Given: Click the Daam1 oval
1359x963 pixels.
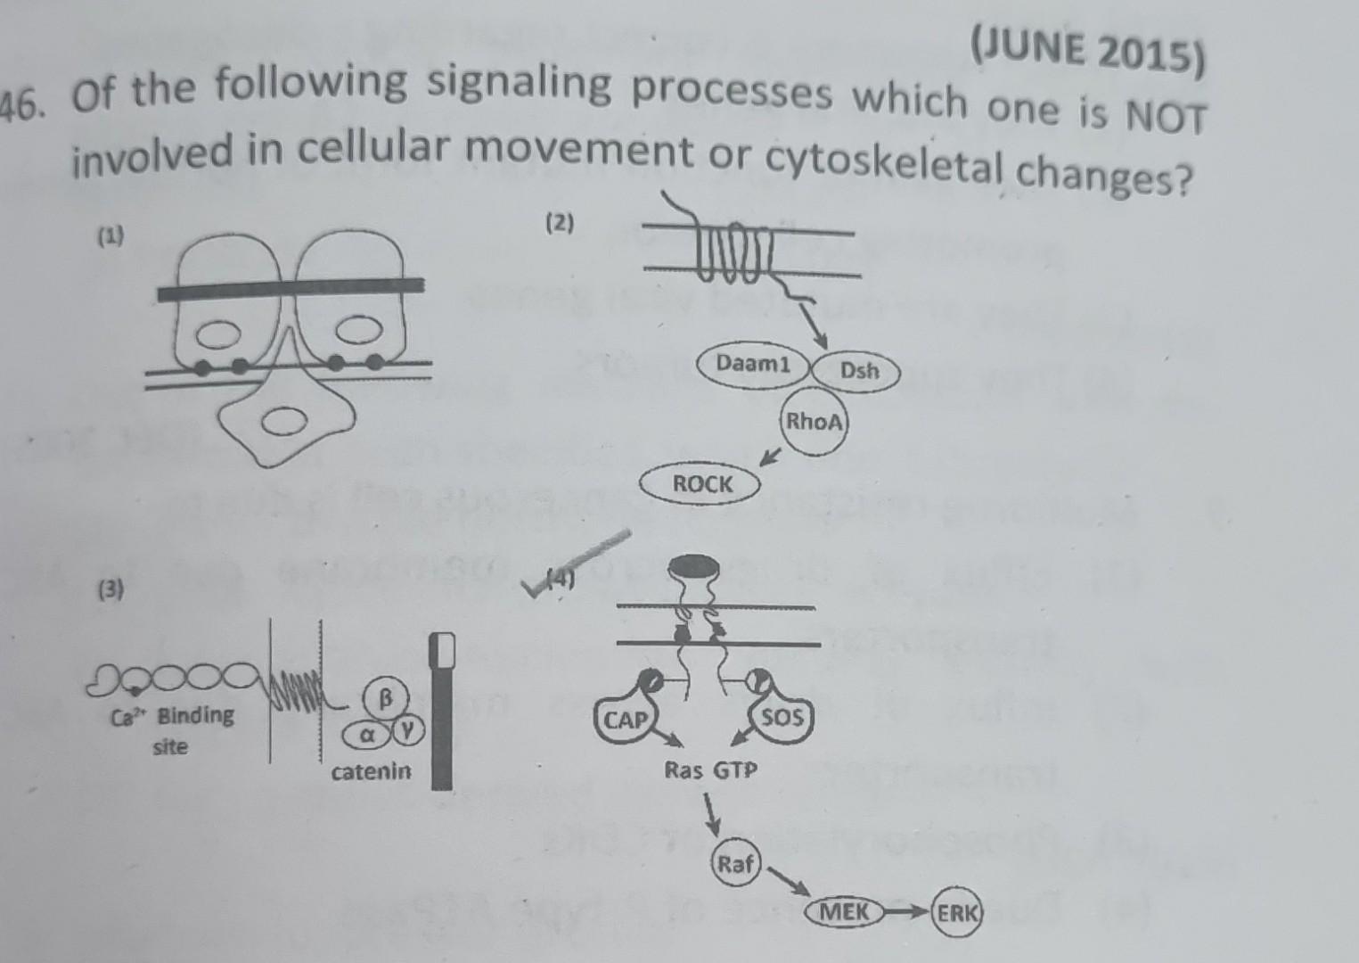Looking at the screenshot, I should coord(753,365).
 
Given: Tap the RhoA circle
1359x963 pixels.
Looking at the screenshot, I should coord(813,422).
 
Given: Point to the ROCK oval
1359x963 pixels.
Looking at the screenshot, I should coord(702,484).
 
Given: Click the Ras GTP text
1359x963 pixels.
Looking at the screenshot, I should coord(710,770).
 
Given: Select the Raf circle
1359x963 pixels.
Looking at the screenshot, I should coord(735,864).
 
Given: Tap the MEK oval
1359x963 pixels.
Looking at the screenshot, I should coord(843,912).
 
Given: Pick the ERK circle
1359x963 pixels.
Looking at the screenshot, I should coord(956,912).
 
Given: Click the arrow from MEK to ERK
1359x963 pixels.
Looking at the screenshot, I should coord(906,912).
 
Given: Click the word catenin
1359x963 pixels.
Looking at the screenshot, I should coord(372,771).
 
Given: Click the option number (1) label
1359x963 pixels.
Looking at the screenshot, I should coord(111,236).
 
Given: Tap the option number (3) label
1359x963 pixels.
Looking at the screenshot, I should coord(111,588).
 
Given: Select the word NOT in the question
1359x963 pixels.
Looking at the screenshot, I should coord(1166,118).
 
